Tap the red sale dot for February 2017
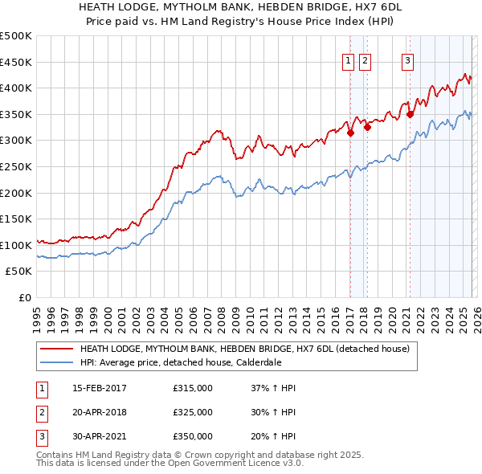coord(350,133)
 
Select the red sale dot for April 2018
coord(367,127)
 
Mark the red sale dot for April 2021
coord(410,114)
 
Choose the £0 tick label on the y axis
coord(23,297)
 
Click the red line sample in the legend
coord(56,349)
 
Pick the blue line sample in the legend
coord(56,362)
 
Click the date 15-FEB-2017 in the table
coord(100,389)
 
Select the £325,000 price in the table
coord(193,412)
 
